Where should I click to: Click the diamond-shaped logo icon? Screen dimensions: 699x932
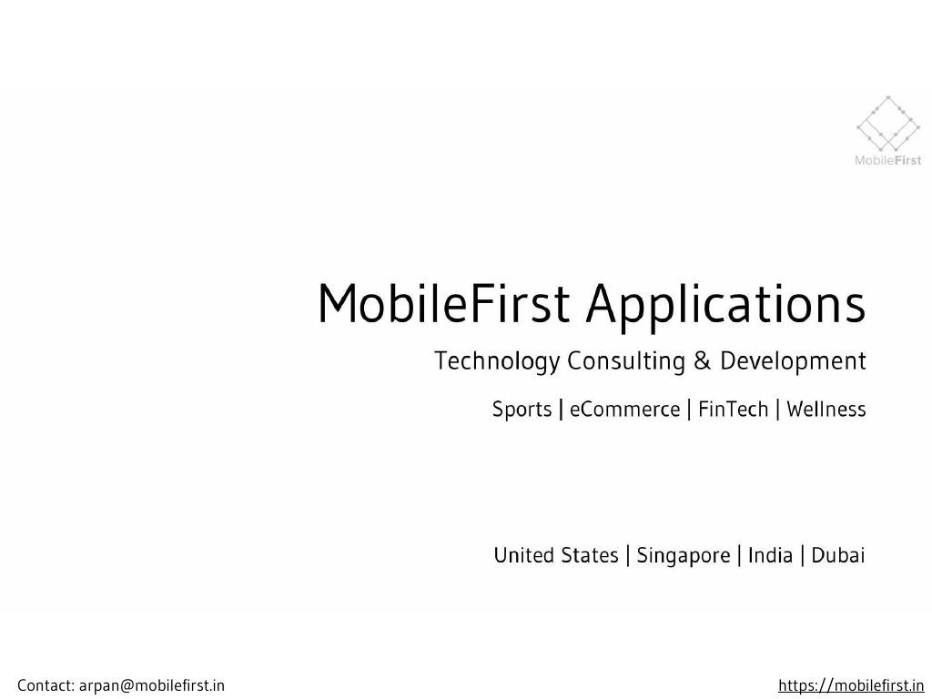888,125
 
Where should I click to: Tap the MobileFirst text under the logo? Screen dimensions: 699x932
887,161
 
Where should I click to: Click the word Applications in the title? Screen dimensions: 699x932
724,305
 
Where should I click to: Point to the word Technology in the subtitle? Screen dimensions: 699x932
495,361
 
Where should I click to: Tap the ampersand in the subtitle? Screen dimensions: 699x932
702,361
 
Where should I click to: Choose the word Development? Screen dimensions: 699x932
793,361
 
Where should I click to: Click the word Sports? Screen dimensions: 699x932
522,410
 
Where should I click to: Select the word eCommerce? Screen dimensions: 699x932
624,410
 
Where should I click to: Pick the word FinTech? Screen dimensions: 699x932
734,410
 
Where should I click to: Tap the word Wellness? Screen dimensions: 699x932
826,410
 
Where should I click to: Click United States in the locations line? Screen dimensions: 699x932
555,555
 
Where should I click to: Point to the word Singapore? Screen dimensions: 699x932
683,555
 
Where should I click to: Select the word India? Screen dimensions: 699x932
770,555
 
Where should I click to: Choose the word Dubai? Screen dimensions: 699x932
837,555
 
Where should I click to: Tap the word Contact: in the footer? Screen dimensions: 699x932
46,685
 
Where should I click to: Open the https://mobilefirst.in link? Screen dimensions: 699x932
851,685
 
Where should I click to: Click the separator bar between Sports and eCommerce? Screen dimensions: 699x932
561,410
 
